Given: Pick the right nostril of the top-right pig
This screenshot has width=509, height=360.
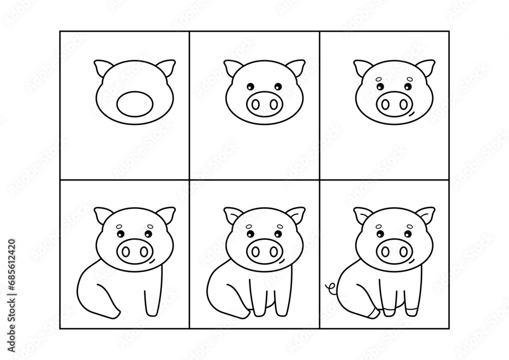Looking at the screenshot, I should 402,104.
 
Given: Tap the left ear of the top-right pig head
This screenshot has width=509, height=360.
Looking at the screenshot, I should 362,69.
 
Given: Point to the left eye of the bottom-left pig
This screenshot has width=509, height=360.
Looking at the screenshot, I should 121,234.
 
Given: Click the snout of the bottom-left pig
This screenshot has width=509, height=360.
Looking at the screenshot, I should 134,251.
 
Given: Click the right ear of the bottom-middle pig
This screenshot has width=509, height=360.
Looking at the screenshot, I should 297,215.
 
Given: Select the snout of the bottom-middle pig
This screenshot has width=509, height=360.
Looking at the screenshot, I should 265,251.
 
